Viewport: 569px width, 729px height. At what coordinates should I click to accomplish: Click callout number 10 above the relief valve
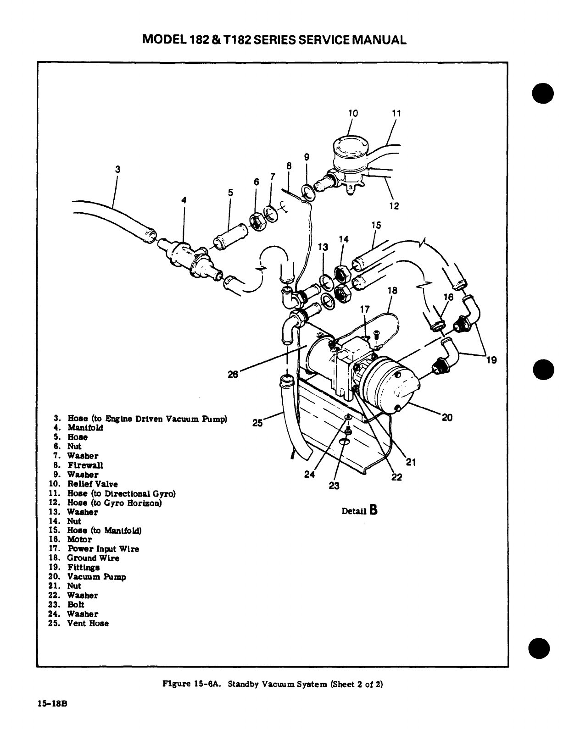coord(353,113)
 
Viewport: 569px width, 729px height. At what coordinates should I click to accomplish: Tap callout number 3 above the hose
coord(117,169)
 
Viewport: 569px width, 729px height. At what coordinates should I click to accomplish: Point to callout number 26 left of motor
coord(234,374)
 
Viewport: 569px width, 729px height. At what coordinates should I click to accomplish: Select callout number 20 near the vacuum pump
coord(446,417)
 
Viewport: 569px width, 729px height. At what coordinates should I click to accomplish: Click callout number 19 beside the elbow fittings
coord(491,360)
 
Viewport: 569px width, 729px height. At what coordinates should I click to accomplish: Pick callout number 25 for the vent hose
coord(257,423)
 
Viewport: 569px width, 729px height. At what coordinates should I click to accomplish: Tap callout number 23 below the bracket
coord(334,486)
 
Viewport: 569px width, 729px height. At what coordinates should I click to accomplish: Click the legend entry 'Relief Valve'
coord(93,484)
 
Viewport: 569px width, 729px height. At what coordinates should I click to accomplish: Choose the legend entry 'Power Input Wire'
coord(103,549)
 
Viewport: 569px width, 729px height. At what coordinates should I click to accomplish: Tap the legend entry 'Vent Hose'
coord(88,623)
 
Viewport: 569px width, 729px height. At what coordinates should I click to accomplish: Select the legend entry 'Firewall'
coord(85,465)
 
